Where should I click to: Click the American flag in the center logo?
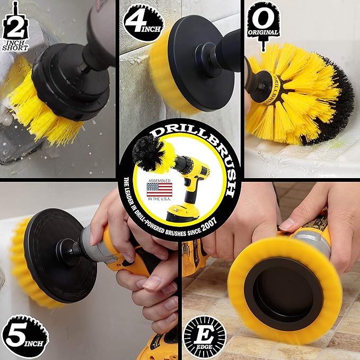tap(160, 190)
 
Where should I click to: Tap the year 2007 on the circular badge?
tap(209, 224)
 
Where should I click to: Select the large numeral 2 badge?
tap(15, 26)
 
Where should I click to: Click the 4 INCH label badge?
tap(144, 22)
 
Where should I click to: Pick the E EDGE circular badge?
tap(205, 337)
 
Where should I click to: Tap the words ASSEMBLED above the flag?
tap(160, 181)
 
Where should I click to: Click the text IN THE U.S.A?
tap(160, 199)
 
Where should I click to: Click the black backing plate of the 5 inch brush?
tap(60, 256)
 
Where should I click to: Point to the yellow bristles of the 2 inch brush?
tap(46, 110)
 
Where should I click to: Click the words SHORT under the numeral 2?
tap(15, 48)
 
